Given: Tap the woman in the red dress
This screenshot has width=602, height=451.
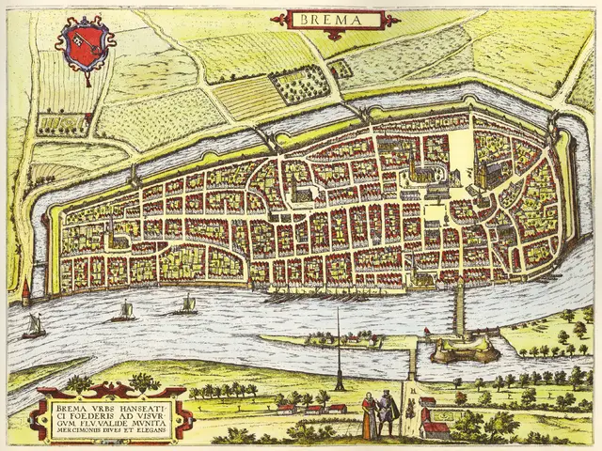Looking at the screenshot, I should tap(369, 414).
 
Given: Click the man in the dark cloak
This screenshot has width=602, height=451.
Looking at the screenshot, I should tap(385, 413).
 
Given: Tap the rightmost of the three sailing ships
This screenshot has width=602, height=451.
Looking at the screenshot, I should tap(187, 305).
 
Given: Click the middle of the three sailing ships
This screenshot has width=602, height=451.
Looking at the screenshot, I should tap(123, 312).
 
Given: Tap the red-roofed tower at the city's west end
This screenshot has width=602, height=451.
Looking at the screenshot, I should tap(25, 293).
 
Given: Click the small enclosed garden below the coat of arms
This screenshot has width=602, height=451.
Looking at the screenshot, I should tap(57, 123).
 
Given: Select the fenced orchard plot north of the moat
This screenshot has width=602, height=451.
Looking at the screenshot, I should tap(301, 85).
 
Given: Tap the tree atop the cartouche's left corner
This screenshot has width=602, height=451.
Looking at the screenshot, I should tap(80, 383).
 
